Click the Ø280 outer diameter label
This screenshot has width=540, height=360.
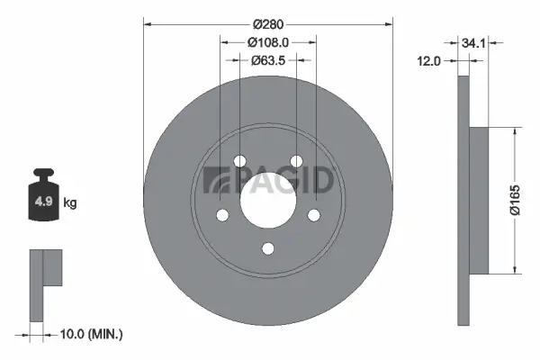(267, 23)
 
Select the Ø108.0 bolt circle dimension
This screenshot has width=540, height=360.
(268, 41)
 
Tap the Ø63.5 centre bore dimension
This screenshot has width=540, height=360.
(268, 61)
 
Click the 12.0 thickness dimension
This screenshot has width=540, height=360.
(431, 61)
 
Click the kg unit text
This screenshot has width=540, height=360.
(70, 203)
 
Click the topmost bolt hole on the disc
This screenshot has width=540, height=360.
(239, 162)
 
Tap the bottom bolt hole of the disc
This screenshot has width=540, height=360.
(268, 249)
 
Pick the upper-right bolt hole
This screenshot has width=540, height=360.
(296, 162)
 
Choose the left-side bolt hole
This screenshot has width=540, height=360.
(221, 215)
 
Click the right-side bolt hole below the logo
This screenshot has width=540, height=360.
(314, 215)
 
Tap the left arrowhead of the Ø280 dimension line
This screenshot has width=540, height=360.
(147, 23)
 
